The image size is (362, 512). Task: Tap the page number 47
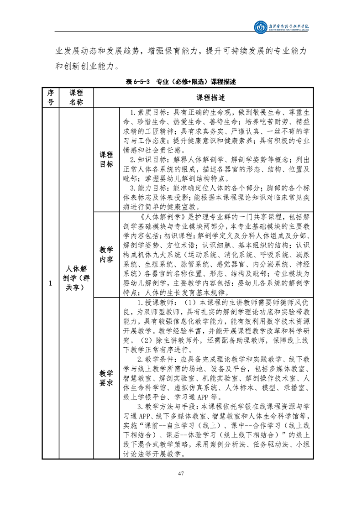pyautogui.click(x=181, y=473)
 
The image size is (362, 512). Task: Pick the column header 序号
pyautogui.click(x=50, y=98)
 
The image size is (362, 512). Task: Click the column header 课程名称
pyautogui.click(x=76, y=98)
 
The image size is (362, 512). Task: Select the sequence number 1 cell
pyautogui.click(x=50, y=284)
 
